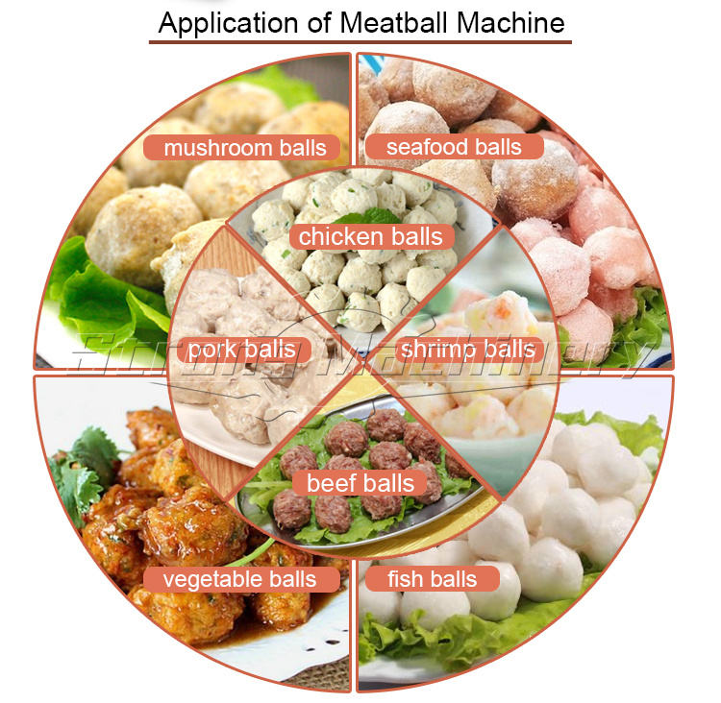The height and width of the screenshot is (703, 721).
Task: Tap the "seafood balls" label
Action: [453, 147]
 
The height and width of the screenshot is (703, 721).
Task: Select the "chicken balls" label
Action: [370, 236]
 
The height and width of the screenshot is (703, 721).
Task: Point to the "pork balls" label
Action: [241, 349]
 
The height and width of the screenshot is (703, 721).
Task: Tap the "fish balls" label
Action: [432, 579]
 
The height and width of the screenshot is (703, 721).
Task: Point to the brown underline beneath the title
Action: [360, 42]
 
